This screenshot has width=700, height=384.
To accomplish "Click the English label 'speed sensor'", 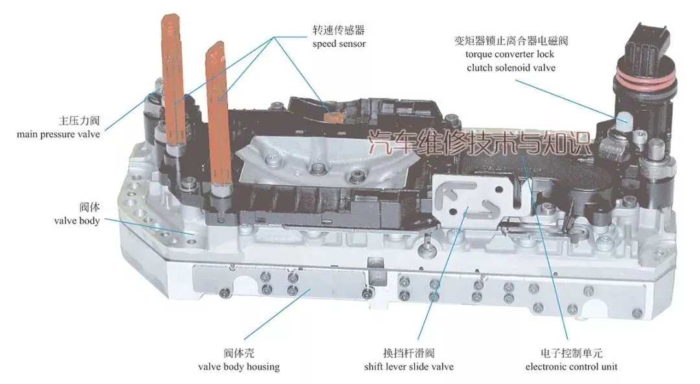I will point(338,44).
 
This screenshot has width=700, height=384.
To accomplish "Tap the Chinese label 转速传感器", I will point(338,30).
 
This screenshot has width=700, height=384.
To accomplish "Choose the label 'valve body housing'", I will point(239,367).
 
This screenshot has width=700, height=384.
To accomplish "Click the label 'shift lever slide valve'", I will point(409,367).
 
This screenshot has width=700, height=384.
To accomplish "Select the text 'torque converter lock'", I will point(509,54).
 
